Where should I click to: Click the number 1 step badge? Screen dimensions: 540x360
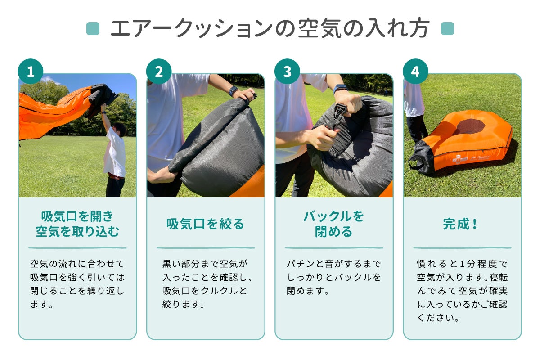[31, 72]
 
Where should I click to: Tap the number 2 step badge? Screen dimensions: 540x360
[159, 72]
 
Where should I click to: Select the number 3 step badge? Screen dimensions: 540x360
[287, 72]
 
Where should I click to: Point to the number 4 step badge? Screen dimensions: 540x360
[415, 72]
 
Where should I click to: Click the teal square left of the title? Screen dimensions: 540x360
[93, 28]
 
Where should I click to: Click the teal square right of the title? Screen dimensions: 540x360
[447, 28]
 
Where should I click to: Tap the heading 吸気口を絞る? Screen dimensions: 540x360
[205, 224]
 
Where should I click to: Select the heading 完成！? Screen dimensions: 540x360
[460, 224]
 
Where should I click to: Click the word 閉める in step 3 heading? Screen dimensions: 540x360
[333, 231]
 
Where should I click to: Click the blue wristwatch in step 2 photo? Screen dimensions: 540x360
[234, 91]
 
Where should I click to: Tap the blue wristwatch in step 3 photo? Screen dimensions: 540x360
[340, 89]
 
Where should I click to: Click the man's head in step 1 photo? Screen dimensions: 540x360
[120, 130]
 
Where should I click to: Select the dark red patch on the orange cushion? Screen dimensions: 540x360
[470, 127]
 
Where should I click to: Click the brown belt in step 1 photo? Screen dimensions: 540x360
[116, 177]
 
